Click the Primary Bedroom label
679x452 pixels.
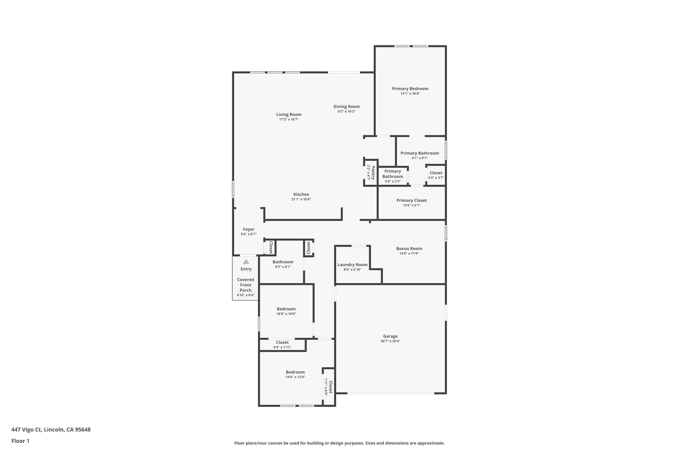(x=410, y=89)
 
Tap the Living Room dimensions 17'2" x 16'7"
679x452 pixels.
(x=289, y=120)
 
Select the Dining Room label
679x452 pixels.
(x=346, y=107)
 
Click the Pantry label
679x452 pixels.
(x=373, y=173)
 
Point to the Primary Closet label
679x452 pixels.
(x=411, y=200)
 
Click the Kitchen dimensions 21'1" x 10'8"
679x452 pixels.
(x=301, y=199)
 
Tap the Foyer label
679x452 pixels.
(x=249, y=229)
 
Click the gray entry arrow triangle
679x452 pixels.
(x=246, y=262)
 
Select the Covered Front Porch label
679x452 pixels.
(x=246, y=285)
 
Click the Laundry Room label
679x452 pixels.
(x=352, y=265)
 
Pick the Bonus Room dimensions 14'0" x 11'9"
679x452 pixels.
(x=409, y=254)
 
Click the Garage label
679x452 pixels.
(x=390, y=336)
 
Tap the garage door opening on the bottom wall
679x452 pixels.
(x=390, y=393)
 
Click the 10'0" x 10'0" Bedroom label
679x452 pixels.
(x=286, y=309)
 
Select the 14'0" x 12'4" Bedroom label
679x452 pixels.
(x=295, y=372)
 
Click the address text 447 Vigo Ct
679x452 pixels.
(x=27, y=429)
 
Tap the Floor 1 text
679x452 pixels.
(x=20, y=441)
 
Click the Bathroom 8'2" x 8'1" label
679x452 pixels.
(x=283, y=262)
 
